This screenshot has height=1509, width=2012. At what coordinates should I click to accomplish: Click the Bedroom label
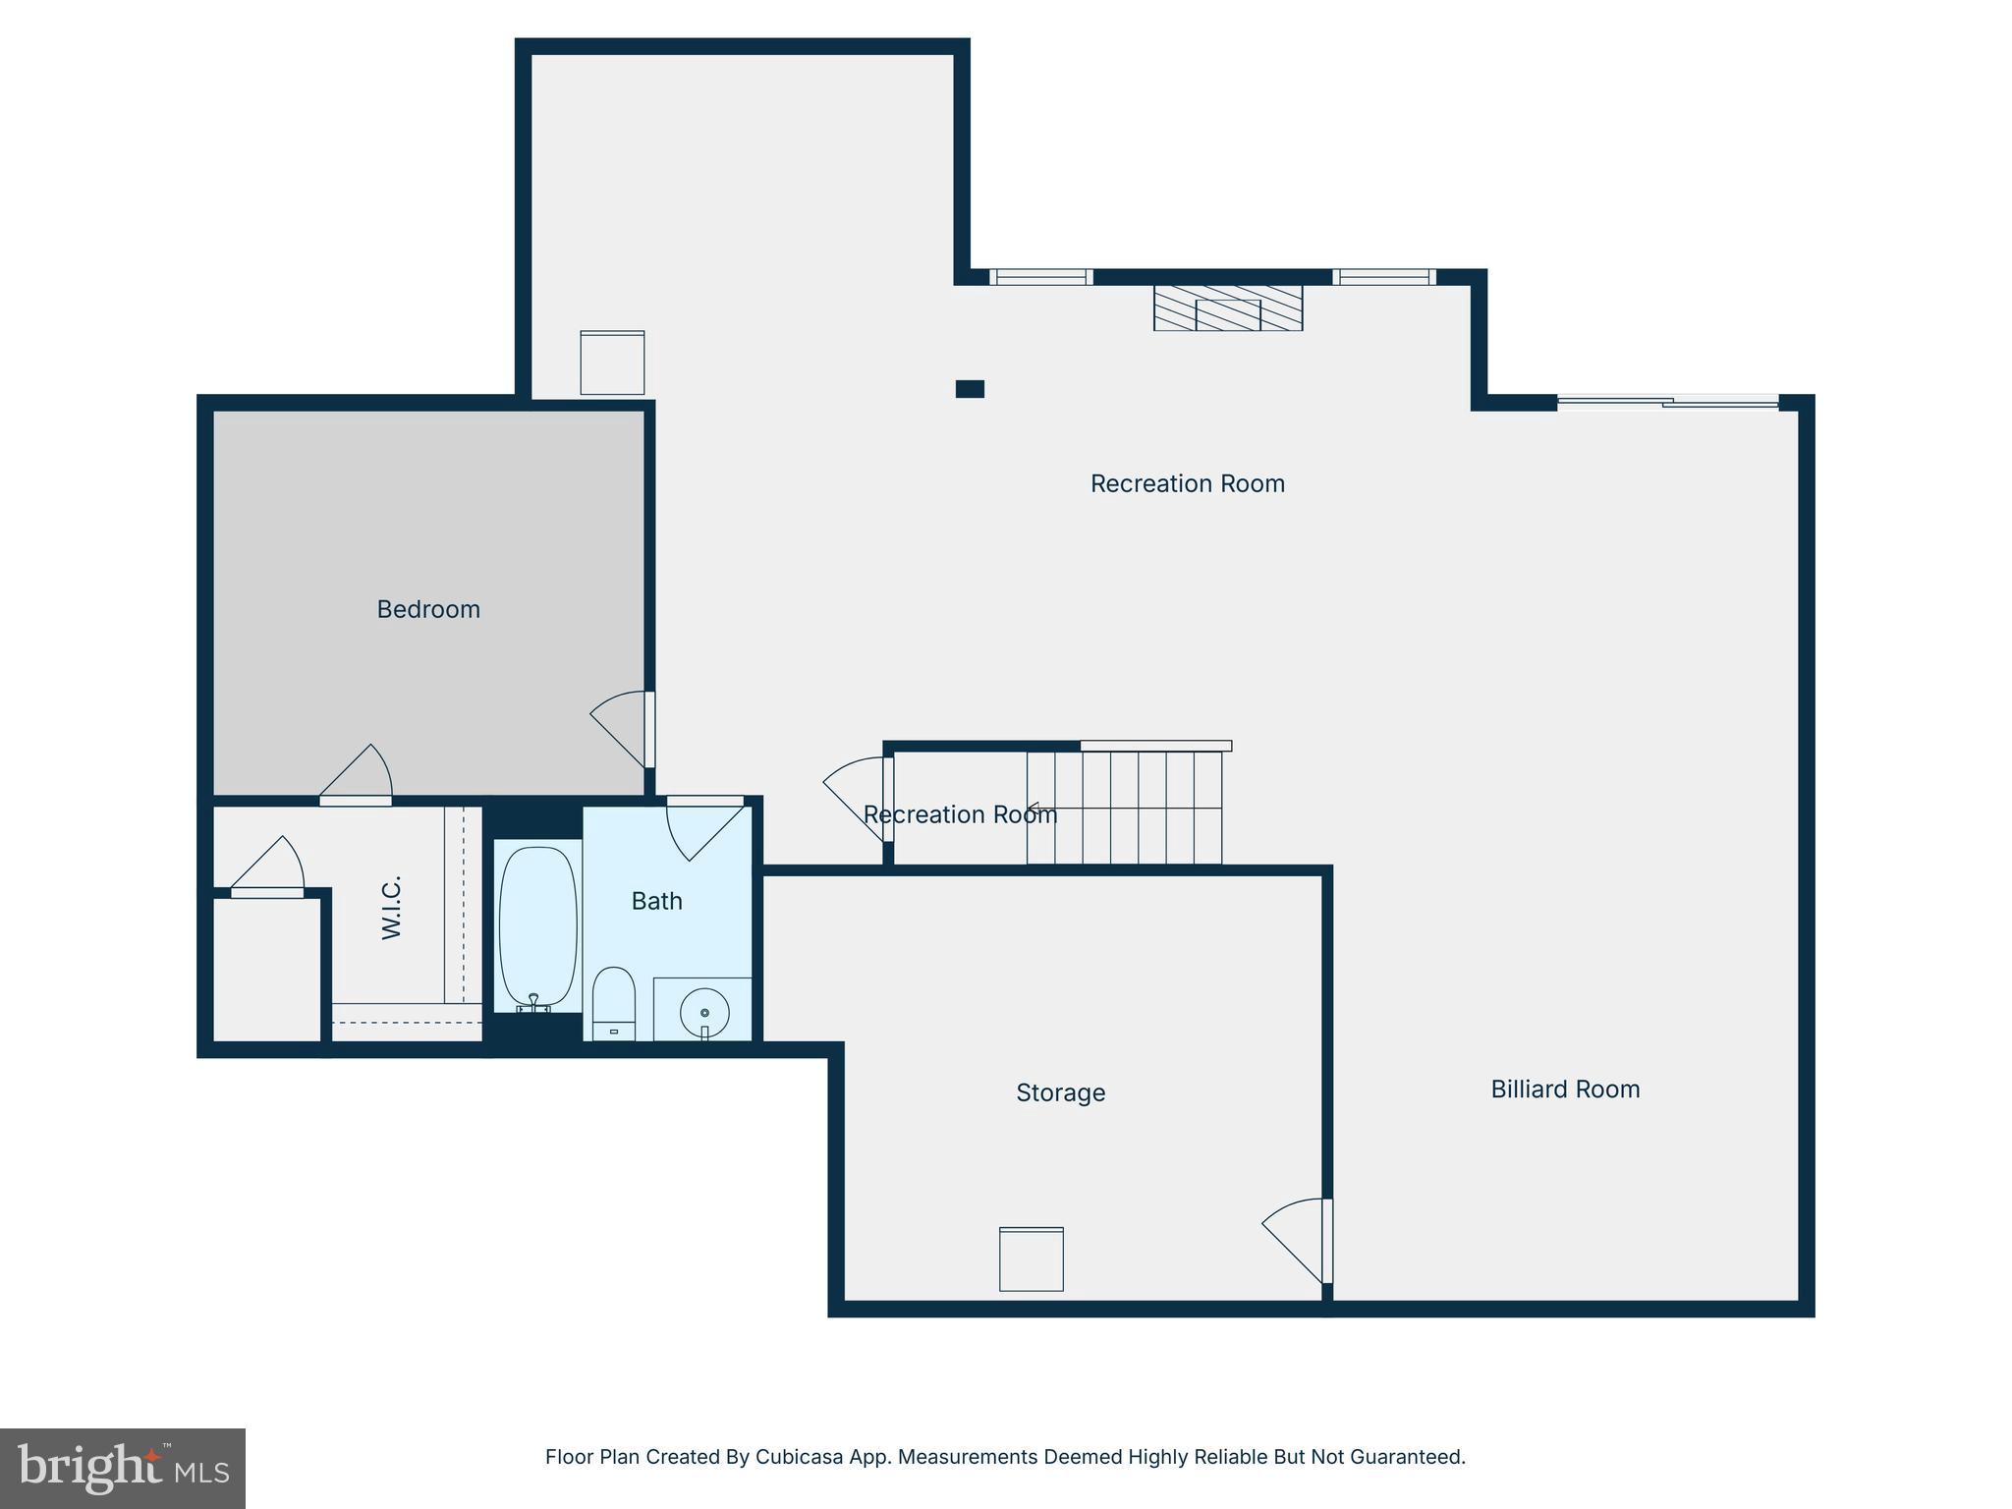click(x=428, y=609)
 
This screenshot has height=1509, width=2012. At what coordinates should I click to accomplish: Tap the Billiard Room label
click(x=1565, y=1089)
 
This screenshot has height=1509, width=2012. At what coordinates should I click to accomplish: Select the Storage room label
click(x=1060, y=1092)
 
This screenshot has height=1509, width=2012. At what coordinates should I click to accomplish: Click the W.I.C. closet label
click(x=392, y=908)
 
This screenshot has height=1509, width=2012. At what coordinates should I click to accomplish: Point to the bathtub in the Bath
click(x=536, y=926)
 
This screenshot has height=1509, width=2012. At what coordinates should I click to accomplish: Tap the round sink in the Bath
click(x=704, y=1011)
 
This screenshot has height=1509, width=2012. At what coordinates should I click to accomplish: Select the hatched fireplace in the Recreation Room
click(x=1228, y=307)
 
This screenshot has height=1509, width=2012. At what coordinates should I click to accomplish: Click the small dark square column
click(x=970, y=389)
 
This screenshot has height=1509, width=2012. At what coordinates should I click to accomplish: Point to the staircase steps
click(x=1125, y=808)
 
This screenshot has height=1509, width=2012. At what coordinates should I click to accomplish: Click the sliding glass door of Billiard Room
click(x=1667, y=401)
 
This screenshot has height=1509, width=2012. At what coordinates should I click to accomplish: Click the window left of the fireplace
click(x=1041, y=277)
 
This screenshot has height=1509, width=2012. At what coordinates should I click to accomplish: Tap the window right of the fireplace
click(x=1383, y=277)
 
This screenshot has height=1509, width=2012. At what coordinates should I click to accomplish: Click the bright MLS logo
click(x=123, y=1469)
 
